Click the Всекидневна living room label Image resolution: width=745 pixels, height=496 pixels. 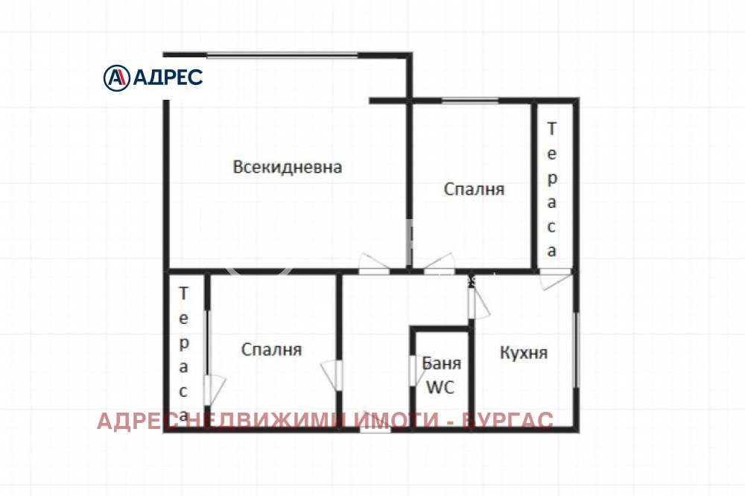(288, 167)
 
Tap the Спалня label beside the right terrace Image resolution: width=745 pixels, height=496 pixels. (474, 189)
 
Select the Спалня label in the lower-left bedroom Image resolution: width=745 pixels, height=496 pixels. (271, 349)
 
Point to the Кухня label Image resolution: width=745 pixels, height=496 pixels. (523, 352)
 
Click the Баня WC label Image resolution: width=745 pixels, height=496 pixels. (442, 375)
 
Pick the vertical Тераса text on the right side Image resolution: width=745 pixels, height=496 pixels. (551, 189)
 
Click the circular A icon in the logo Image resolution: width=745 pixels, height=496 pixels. (116, 77)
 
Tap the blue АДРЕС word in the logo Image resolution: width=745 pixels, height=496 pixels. (168, 77)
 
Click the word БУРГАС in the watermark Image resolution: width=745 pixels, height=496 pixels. (507, 422)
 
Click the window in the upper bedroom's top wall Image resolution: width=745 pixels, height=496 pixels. (469, 101)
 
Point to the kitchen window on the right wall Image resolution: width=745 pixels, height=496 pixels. (575, 350)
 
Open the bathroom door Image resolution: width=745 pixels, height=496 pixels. (413, 370)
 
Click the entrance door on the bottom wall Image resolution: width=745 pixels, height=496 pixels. (375, 430)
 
